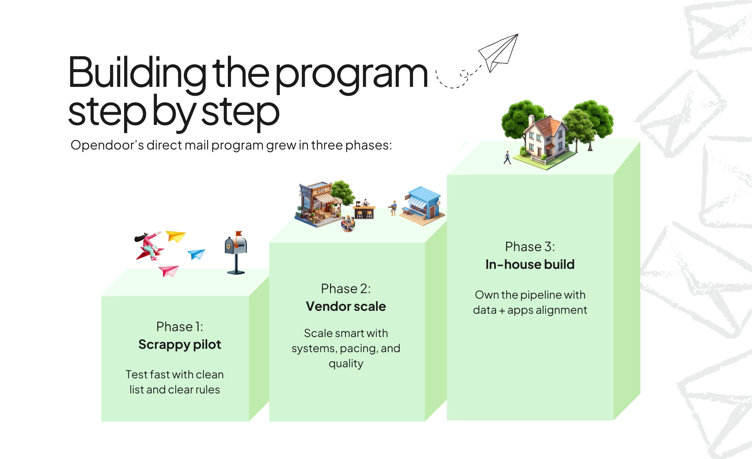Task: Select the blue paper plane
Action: (x=197, y=254)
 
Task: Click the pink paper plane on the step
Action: (x=169, y=270)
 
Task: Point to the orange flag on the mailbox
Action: (x=239, y=234)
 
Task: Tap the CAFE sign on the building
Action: (x=322, y=190)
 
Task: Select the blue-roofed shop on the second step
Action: (x=424, y=205)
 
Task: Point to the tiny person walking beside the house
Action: (x=508, y=157)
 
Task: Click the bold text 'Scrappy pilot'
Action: (x=180, y=345)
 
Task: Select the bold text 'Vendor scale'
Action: (x=346, y=307)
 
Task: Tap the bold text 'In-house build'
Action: (x=530, y=265)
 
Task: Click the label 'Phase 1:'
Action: (x=180, y=327)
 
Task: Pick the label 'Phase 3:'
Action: (x=530, y=247)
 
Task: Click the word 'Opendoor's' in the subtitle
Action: (x=107, y=145)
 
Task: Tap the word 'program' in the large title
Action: (x=351, y=74)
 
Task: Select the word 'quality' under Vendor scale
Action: (x=346, y=364)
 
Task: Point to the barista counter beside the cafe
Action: (x=365, y=210)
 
